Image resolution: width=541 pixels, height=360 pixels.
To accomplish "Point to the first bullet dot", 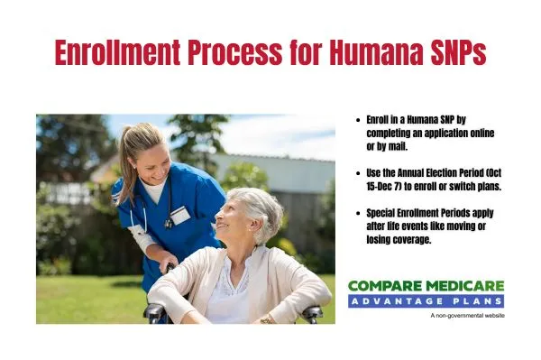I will pos(360,119).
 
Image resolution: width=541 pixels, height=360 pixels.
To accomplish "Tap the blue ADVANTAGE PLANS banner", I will pos(426,300).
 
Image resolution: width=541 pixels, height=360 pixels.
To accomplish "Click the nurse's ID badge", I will pos(179,215).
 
